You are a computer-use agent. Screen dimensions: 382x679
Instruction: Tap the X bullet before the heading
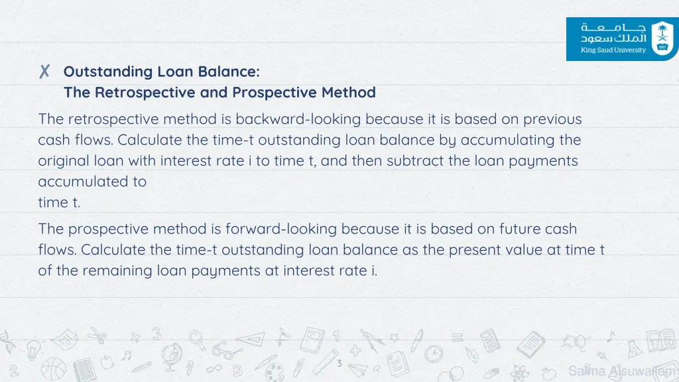[44, 72]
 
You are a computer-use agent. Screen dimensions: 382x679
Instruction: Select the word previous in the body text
[552, 119]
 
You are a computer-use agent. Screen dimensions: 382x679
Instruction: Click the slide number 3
[339, 363]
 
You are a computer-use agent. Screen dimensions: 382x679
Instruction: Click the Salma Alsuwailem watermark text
[622, 371]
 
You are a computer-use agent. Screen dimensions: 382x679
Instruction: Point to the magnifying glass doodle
[197, 339]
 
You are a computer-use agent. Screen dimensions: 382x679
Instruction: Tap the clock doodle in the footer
[434, 351]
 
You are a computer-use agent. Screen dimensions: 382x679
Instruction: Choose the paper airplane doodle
[358, 365]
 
